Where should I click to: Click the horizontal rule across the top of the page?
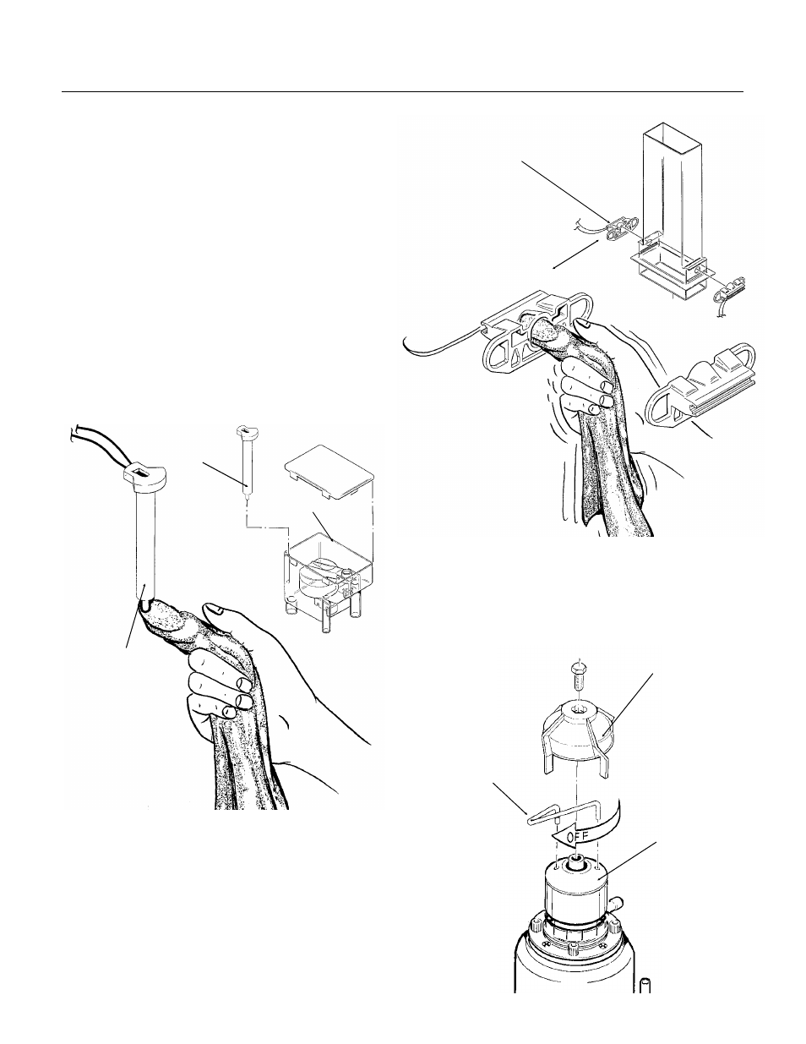(402, 91)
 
